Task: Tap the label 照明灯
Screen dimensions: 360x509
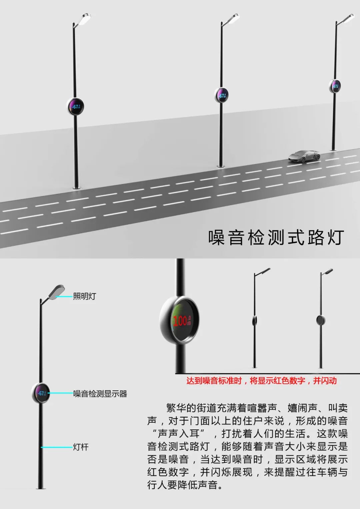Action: (85, 296)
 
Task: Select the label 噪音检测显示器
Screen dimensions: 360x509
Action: (100, 394)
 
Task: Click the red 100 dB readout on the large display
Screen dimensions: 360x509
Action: (182, 321)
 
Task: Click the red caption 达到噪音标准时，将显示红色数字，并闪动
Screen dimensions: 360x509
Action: (262, 381)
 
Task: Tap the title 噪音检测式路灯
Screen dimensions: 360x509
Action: (276, 237)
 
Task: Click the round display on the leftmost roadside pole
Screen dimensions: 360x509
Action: (75, 107)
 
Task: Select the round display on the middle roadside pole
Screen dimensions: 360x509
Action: (221, 95)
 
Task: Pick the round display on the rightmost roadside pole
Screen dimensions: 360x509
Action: (335, 86)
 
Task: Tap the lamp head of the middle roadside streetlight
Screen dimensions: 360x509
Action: (232, 18)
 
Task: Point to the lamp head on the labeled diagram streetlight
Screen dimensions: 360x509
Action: (56, 292)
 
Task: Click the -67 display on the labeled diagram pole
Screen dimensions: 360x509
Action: (40, 393)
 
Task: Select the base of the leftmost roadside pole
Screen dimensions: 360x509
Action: (76, 187)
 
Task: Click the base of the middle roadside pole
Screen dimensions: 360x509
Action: (220, 166)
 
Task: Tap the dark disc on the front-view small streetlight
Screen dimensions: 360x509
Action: (321, 320)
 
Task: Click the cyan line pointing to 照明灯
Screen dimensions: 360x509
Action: (64, 296)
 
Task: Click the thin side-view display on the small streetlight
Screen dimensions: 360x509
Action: (255, 320)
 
